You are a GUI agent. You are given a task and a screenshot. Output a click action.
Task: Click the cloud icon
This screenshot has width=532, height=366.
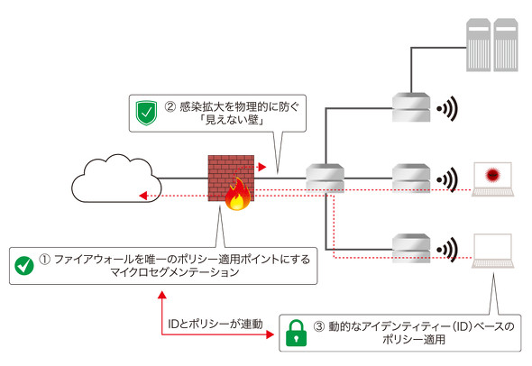[x=116, y=178]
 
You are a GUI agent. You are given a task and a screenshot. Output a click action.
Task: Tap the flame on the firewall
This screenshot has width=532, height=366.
[x=237, y=195]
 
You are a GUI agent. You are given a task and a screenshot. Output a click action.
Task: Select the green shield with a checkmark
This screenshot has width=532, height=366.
[x=146, y=113]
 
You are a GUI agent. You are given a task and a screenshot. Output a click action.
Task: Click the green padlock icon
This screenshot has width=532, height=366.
[x=296, y=334]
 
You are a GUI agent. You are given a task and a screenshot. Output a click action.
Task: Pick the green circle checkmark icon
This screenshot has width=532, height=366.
[x=24, y=266]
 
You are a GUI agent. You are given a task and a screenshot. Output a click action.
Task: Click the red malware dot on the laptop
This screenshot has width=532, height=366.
[x=492, y=175]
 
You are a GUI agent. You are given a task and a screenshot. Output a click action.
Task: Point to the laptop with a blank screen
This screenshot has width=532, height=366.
[x=492, y=251]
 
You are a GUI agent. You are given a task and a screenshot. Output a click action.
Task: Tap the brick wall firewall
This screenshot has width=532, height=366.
[x=231, y=178]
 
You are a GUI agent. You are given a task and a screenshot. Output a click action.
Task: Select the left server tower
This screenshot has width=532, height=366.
[x=479, y=45]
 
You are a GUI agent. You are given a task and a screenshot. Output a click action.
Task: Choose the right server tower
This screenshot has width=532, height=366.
[x=506, y=45]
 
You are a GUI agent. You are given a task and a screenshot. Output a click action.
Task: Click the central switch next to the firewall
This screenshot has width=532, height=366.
[x=325, y=178]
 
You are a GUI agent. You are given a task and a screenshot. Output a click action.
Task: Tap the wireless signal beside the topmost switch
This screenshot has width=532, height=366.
[x=447, y=108]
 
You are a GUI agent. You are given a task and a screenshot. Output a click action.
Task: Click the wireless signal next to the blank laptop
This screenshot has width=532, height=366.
[x=447, y=250]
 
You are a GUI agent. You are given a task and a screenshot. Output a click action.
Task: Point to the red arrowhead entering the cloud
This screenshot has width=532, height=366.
[x=143, y=196]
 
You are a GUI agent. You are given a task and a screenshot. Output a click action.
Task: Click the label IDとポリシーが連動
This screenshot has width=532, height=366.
[x=216, y=324]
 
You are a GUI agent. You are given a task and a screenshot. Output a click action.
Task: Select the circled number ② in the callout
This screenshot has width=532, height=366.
[x=170, y=107]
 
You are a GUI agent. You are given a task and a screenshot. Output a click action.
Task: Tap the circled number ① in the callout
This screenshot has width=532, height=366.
[x=44, y=260]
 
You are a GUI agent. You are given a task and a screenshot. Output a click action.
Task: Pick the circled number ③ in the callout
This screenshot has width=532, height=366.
[x=319, y=326]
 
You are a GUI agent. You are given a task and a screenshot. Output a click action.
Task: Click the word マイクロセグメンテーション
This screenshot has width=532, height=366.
[x=175, y=272]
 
